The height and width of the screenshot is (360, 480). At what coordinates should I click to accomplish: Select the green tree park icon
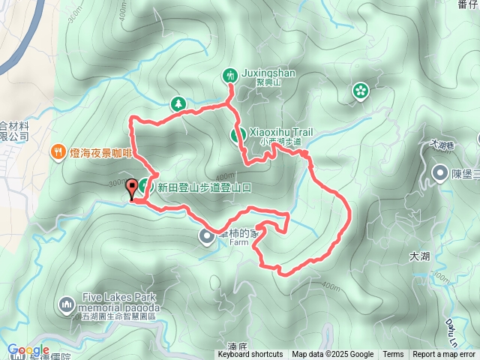178,103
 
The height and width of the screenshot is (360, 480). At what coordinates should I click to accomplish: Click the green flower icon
361,91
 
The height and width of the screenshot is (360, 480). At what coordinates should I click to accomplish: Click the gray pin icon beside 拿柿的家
206,237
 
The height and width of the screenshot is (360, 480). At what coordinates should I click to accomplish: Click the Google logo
28,350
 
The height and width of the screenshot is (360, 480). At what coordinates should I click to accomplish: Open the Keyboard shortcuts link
250,355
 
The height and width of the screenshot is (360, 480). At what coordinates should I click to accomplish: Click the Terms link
393,355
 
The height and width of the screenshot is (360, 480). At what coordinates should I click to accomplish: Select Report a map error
445,355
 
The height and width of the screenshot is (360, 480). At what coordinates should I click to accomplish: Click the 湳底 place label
237,347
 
